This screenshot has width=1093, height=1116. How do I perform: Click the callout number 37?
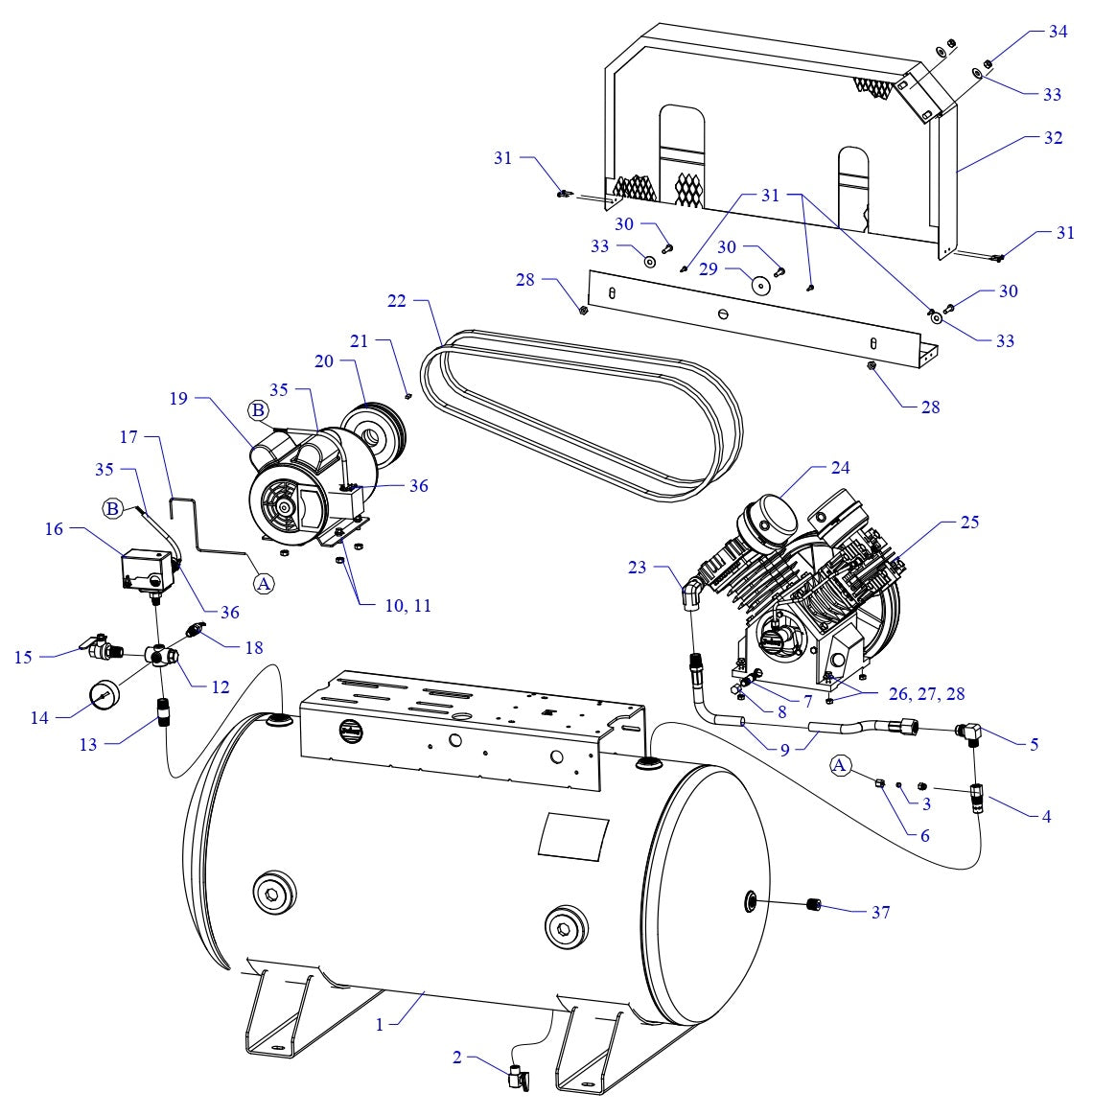tap(880, 912)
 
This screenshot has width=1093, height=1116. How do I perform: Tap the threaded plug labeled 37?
tap(816, 904)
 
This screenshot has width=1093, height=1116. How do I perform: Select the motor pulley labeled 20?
tap(373, 427)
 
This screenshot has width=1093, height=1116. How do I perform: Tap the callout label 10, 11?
tap(407, 606)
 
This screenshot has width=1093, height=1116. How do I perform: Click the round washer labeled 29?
tap(761, 287)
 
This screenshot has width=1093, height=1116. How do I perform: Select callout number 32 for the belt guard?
tap(1053, 138)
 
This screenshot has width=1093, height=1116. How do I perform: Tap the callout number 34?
tap(1058, 32)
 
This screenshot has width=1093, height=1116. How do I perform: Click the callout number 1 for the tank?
tap(380, 1024)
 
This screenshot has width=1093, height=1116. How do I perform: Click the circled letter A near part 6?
tap(840, 765)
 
